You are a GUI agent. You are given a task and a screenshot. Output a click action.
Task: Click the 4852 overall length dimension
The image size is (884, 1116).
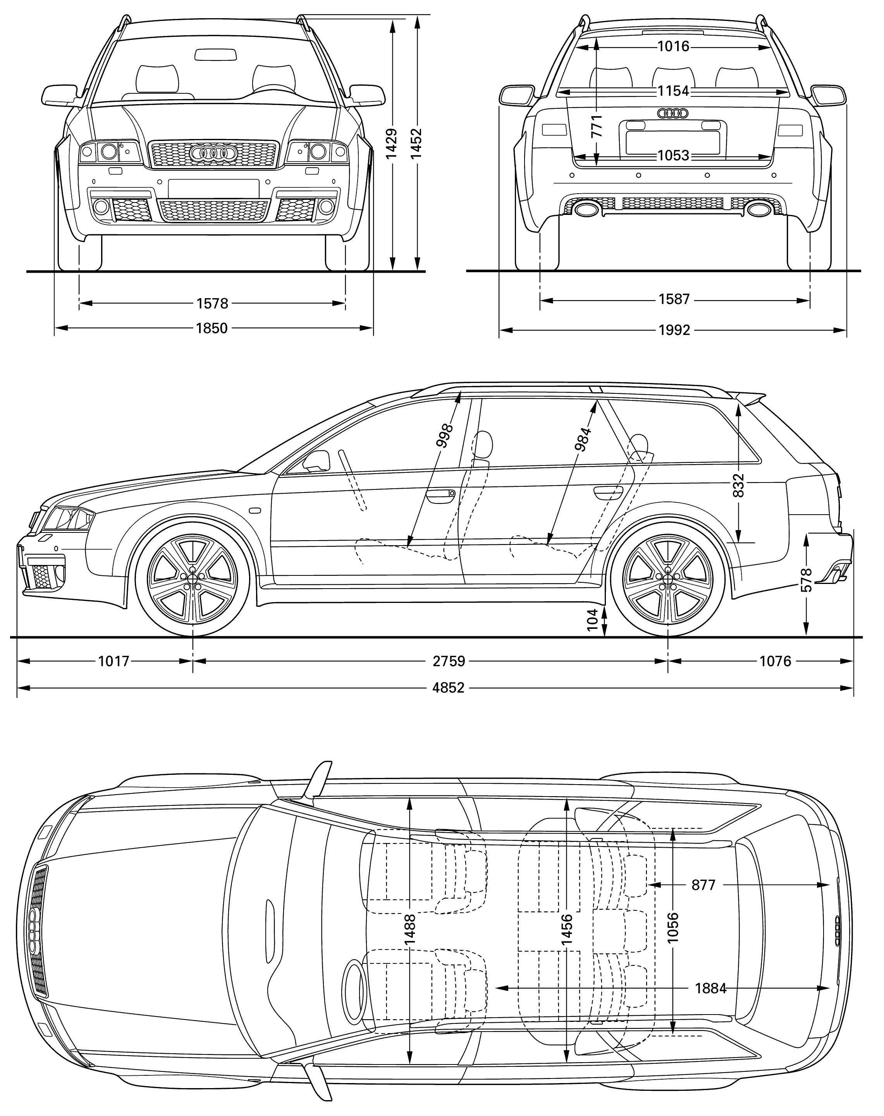click(448, 688)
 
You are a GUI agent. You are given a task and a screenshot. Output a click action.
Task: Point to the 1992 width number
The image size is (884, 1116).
click(674, 330)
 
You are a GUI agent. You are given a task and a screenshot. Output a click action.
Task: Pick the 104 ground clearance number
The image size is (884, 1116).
click(593, 619)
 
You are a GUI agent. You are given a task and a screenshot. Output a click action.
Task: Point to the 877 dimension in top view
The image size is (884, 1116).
click(703, 885)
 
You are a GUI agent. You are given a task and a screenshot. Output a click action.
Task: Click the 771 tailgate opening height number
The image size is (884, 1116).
click(596, 126)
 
